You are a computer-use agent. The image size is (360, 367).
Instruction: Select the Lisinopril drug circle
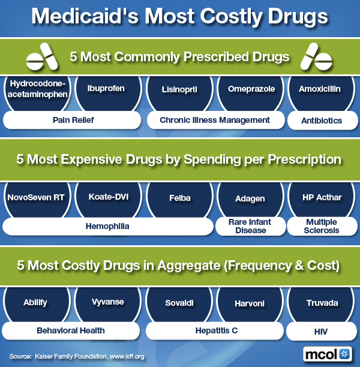pos(179,89)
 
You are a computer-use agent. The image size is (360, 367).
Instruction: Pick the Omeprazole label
pos(251,89)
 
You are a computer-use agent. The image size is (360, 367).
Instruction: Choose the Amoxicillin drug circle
pos(320,89)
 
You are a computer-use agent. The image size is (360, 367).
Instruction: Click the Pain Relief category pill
pos(73,120)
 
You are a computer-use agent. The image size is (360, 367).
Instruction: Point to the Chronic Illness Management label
pos(214,120)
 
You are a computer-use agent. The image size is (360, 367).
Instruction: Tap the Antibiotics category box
pos(322,121)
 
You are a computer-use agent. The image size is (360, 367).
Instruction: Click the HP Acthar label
pos(322,198)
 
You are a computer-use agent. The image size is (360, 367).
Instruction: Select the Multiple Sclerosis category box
pos(322,226)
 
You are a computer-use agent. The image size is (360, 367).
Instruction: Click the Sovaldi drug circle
pos(179,303)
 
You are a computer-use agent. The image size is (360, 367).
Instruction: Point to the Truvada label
pos(322,303)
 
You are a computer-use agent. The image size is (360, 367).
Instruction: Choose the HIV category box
pos(322,330)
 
